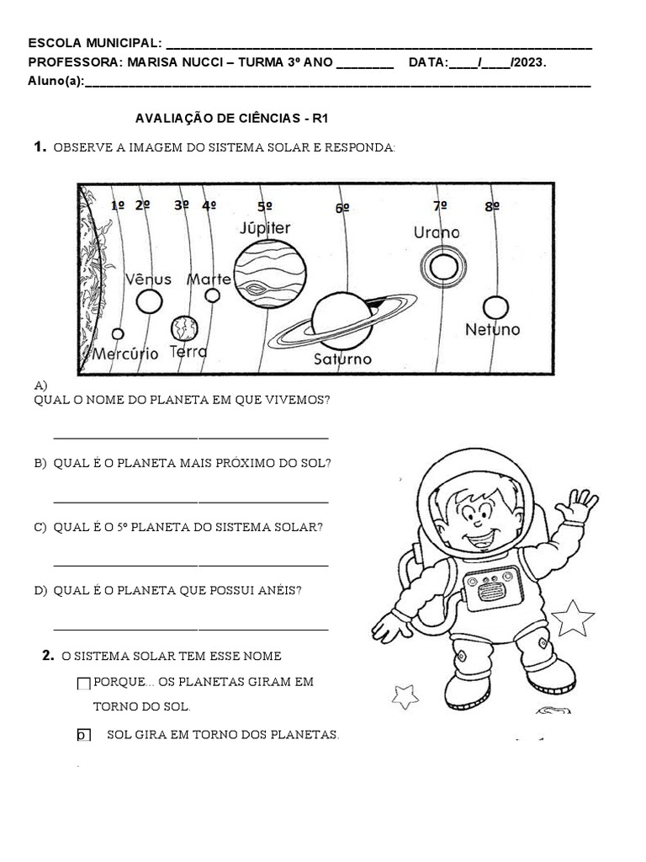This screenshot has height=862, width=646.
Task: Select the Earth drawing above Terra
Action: [183, 327]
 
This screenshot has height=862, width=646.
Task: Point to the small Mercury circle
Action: [118, 334]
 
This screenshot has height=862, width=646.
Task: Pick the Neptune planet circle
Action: [495, 308]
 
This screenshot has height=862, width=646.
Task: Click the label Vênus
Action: [148, 279]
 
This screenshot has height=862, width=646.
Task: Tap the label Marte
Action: [209, 279]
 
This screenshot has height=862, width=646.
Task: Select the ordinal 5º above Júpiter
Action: [265, 206]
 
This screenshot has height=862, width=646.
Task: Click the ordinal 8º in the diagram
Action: [492, 206]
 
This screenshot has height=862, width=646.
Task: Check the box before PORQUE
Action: [83, 684]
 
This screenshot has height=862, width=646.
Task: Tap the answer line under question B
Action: [190, 502]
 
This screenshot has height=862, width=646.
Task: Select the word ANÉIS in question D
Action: [283, 591]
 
